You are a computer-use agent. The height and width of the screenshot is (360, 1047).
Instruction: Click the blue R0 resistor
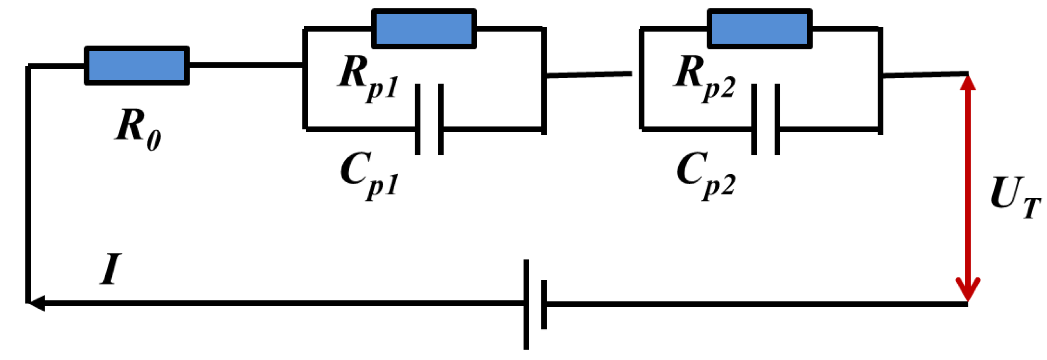[136, 65]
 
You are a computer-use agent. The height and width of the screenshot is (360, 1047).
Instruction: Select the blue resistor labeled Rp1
[424, 28]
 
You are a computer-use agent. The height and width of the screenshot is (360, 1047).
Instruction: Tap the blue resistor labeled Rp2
[760, 28]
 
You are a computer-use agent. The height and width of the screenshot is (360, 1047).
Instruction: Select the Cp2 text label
[706, 176]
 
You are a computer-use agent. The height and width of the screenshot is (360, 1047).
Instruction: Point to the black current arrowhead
[36, 303]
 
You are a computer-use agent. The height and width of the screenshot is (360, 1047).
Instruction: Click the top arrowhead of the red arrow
[968, 82]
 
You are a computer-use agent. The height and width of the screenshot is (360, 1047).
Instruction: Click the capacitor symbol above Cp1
[429, 120]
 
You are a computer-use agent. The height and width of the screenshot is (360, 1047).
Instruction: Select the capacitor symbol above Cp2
[766, 120]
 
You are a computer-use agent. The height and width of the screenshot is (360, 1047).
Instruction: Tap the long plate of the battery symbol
[526, 304]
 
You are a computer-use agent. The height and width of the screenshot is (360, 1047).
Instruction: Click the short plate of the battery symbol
[544, 304]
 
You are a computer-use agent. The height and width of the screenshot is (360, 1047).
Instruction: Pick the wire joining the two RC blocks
[589, 74]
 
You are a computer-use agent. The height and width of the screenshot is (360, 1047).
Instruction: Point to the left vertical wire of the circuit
[28, 184]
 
